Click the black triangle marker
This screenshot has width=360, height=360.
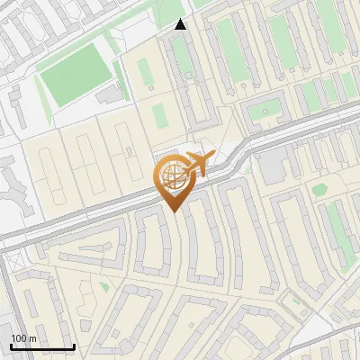tap(181, 24)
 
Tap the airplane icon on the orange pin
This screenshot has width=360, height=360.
tap(197, 165)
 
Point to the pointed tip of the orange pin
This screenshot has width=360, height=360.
tap(171, 211)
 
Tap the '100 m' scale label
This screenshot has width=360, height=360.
tap(24, 338)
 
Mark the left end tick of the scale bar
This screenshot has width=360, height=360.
tap(11, 346)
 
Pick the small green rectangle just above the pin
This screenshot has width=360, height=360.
tap(159, 115)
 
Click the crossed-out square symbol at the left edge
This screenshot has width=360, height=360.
tap(13, 261)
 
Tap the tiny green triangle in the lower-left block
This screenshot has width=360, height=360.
tap(104, 287)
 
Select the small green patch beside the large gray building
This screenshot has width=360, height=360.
tap(319, 188)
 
